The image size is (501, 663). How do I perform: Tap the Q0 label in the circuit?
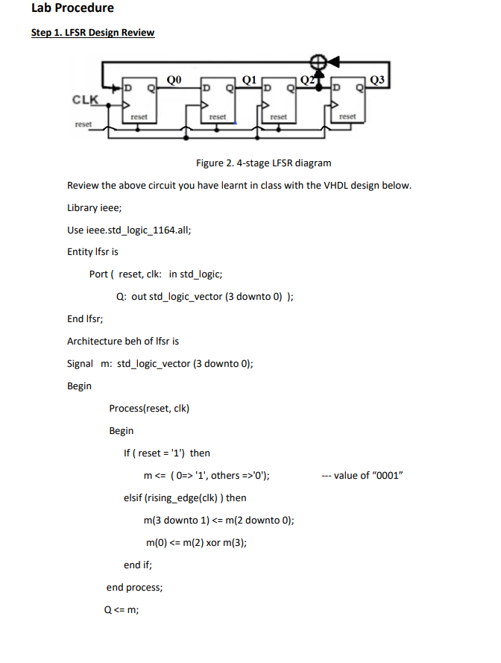pos(173,77)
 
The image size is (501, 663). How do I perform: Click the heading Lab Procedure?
pos(72,8)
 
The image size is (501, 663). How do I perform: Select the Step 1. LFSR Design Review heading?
pos(92,33)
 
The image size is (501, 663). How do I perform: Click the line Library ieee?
pos(94,207)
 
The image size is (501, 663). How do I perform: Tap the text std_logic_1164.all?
pos(142,230)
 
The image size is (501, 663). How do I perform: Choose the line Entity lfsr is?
pos(92,252)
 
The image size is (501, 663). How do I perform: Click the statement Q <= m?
pos(122,609)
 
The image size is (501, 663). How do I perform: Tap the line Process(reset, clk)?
pos(149,408)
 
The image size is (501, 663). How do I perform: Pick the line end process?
pos(134,587)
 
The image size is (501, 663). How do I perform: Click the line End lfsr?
pos(86,318)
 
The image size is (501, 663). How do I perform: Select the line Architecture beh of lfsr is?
pos(123,341)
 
